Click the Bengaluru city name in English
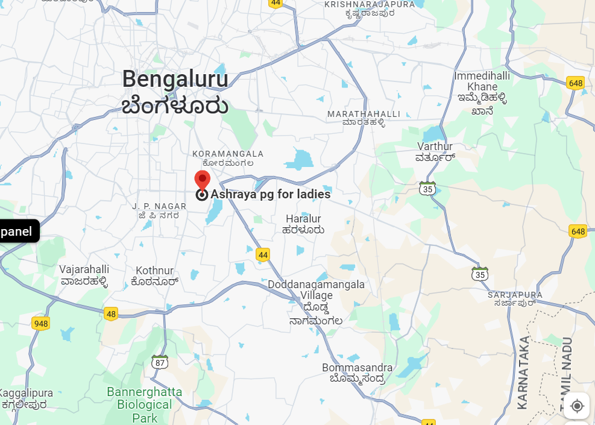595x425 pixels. (x=175, y=79)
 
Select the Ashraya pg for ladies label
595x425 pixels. (x=270, y=195)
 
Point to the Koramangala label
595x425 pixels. (x=228, y=154)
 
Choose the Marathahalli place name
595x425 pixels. (x=364, y=114)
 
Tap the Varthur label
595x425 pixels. (x=435, y=146)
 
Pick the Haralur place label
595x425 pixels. (x=303, y=219)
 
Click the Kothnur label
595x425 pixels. (x=154, y=271)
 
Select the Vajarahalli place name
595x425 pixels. (x=84, y=269)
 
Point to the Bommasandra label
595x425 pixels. (x=357, y=368)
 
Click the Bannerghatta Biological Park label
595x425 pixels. (x=145, y=405)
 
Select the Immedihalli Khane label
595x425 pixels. (x=482, y=81)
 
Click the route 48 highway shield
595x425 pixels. (x=110, y=313)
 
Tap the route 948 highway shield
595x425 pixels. (x=40, y=324)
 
